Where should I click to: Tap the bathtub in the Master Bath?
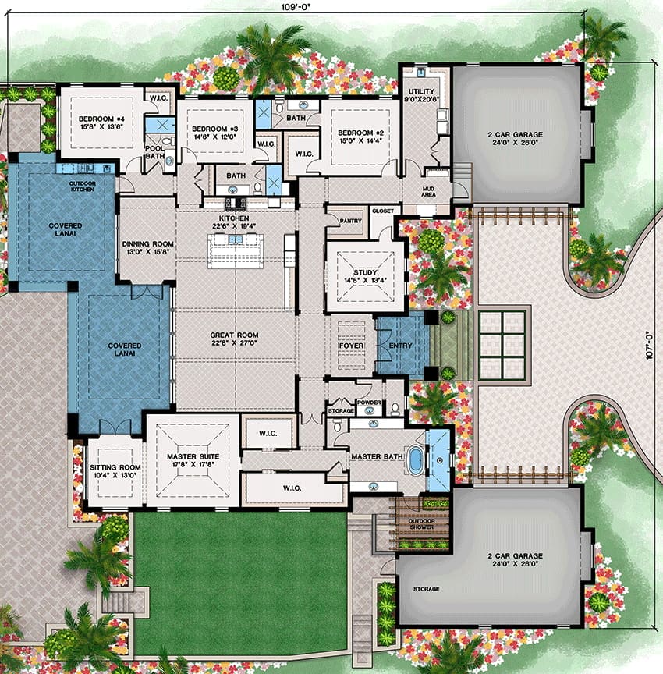[x=415, y=459]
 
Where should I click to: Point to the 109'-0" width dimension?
[x=296, y=7]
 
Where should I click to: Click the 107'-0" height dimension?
[x=650, y=345]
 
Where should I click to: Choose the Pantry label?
[x=351, y=221]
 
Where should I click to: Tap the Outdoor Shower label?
[x=421, y=524]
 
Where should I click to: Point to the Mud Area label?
[x=428, y=192]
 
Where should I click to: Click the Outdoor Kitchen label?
[x=83, y=186]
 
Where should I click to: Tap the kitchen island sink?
[x=235, y=239]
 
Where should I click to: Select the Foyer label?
[x=351, y=346]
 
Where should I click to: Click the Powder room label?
[x=369, y=403]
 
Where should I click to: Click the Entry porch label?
[x=400, y=346]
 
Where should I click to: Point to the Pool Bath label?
[x=154, y=152]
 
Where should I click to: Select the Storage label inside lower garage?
[x=426, y=589]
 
